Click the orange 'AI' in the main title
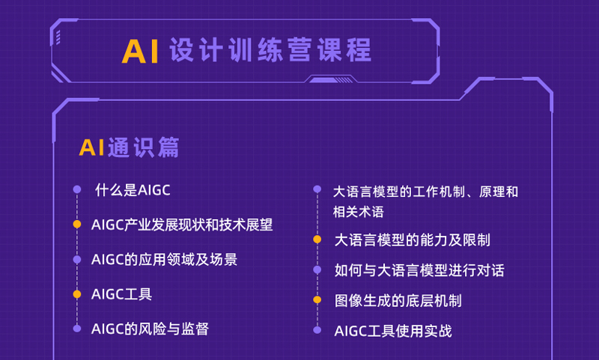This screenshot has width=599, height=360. tap(140, 51)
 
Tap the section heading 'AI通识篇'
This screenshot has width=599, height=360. tap(129, 147)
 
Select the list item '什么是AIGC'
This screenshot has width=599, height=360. tap(133, 190)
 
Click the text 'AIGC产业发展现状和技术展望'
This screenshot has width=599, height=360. tap(182, 225)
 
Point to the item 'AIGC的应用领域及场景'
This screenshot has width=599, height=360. tap(164, 259)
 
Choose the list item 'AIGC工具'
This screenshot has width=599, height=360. tap(121, 294)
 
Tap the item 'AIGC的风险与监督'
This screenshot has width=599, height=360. tap(150, 329)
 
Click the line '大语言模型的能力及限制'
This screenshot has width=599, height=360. tap(413, 240)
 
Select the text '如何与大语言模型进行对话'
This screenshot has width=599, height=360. tap(419, 270)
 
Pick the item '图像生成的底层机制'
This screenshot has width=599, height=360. tap(398, 300)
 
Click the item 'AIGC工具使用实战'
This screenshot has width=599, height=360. tap(393, 331)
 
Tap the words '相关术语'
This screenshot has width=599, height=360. tap(359, 212)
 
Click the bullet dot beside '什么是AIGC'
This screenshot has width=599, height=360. tap(77, 189)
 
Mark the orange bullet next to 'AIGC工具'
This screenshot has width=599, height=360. tap(77, 294)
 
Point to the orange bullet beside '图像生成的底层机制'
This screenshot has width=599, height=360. tap(317, 299)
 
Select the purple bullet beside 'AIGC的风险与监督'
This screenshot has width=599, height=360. tap(77, 329)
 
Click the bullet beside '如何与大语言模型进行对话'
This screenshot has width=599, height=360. tap(317, 269)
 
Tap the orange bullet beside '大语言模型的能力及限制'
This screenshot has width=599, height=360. tap(317, 240)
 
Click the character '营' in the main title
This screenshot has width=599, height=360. tap(300, 49)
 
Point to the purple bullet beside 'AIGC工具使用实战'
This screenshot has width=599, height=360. tap(317, 330)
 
